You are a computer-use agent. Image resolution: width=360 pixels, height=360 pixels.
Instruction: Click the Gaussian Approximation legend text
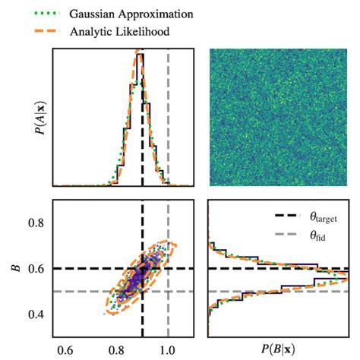coord(118,14)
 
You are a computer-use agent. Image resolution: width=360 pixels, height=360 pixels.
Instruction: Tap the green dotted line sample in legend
coord(30,14)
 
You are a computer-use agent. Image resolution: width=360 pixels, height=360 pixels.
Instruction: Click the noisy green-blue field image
coord(279,117)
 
